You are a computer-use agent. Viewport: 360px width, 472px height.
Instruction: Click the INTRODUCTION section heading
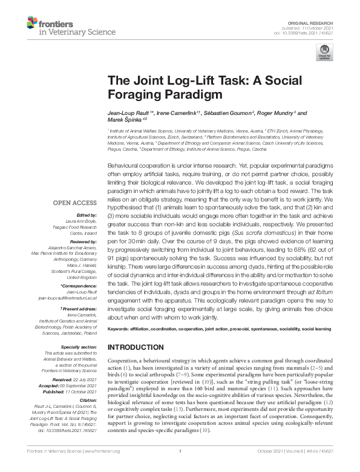pyautogui.click(x=136, y=347)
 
